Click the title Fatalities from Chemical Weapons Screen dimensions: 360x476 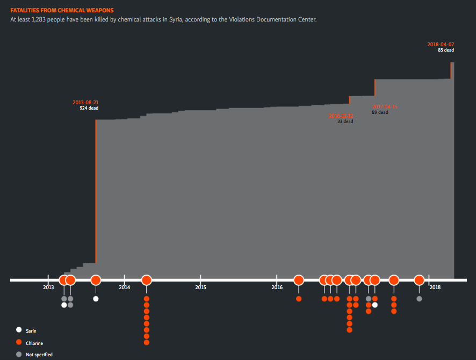pyautogui.click(x=62, y=10)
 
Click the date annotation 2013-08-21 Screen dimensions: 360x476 pyautogui.click(x=85, y=102)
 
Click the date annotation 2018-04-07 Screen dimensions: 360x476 pyautogui.click(x=441, y=44)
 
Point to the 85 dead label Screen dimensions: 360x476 pyautogui.click(x=446, y=50)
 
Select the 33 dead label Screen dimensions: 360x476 pyautogui.click(x=345, y=121)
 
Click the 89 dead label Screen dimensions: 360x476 pyautogui.click(x=379, y=112)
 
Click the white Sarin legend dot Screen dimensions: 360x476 pyautogui.click(x=19, y=330)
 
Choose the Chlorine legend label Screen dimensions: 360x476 pyautogui.click(x=34, y=343)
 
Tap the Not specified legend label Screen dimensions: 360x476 pyautogui.click(x=39, y=355)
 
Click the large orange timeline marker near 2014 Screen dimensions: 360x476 pyautogui.click(x=147, y=280)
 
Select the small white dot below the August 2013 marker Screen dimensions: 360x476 pyautogui.click(x=96, y=299)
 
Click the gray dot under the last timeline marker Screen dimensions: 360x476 pyautogui.click(x=419, y=299)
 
